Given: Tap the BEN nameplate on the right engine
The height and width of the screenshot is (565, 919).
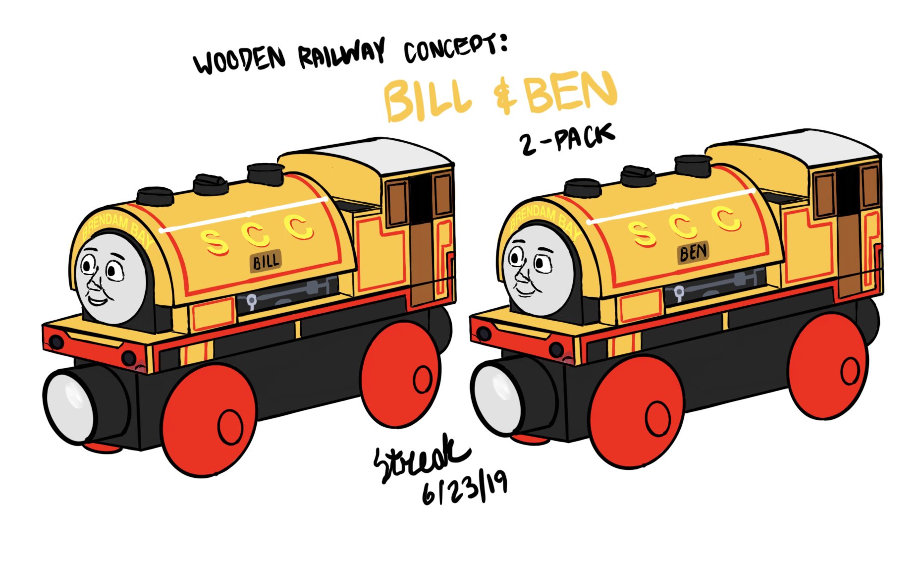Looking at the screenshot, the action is (x=694, y=253).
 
